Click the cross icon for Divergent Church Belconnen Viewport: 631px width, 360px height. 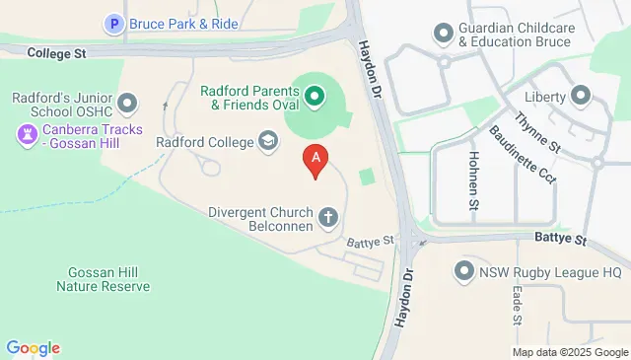(x=327, y=216)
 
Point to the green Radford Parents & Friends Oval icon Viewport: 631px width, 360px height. (x=315, y=96)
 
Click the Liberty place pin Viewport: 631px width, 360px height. (x=581, y=96)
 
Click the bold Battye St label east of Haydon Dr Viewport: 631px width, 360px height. (x=560, y=240)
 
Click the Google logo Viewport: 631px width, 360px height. (x=33, y=347)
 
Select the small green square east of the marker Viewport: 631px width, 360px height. (x=367, y=177)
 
